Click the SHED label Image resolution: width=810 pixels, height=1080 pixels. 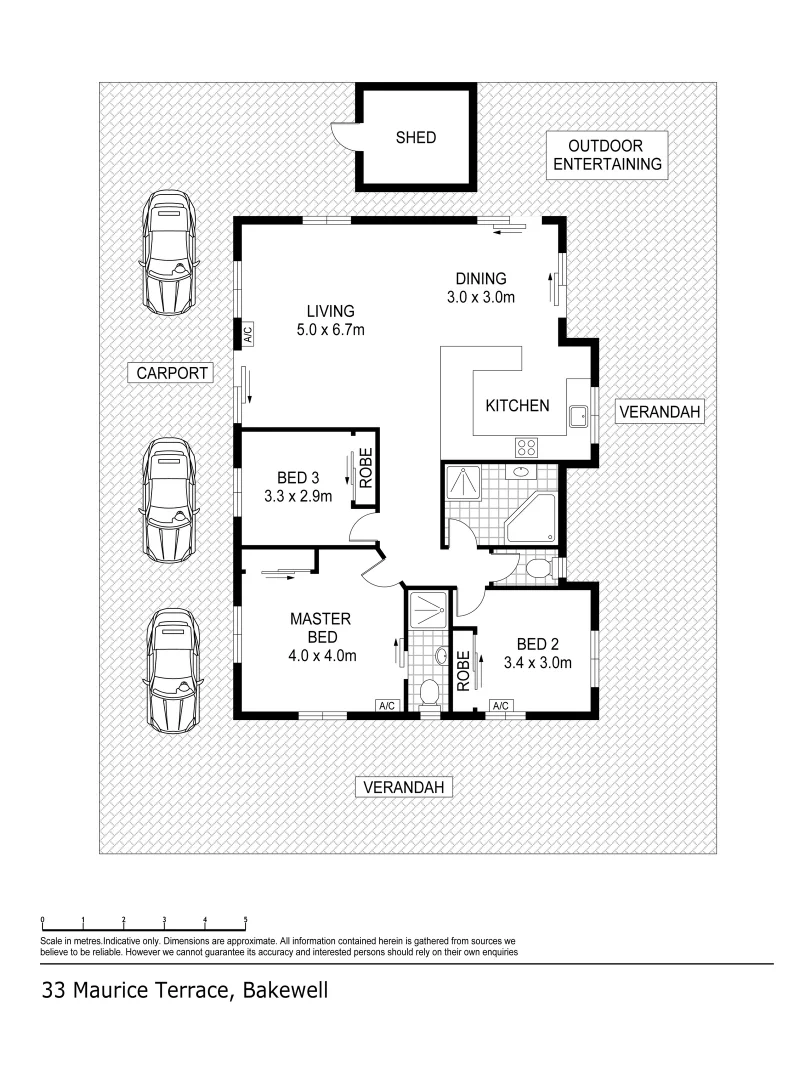(x=415, y=138)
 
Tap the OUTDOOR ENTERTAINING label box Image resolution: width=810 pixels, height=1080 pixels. (x=607, y=155)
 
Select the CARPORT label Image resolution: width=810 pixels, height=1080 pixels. (x=172, y=373)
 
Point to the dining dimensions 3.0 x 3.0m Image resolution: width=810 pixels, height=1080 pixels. (x=481, y=297)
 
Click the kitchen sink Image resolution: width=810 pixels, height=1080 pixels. (x=578, y=415)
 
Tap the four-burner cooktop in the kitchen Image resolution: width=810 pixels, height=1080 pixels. (x=527, y=447)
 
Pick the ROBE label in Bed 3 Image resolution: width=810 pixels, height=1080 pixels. (x=366, y=467)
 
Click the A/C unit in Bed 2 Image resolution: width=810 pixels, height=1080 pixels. (x=500, y=707)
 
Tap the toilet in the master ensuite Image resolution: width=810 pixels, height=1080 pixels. (x=429, y=692)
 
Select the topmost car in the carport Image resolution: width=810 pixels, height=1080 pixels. (x=170, y=254)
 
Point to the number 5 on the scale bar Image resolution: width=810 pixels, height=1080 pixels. (x=245, y=919)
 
